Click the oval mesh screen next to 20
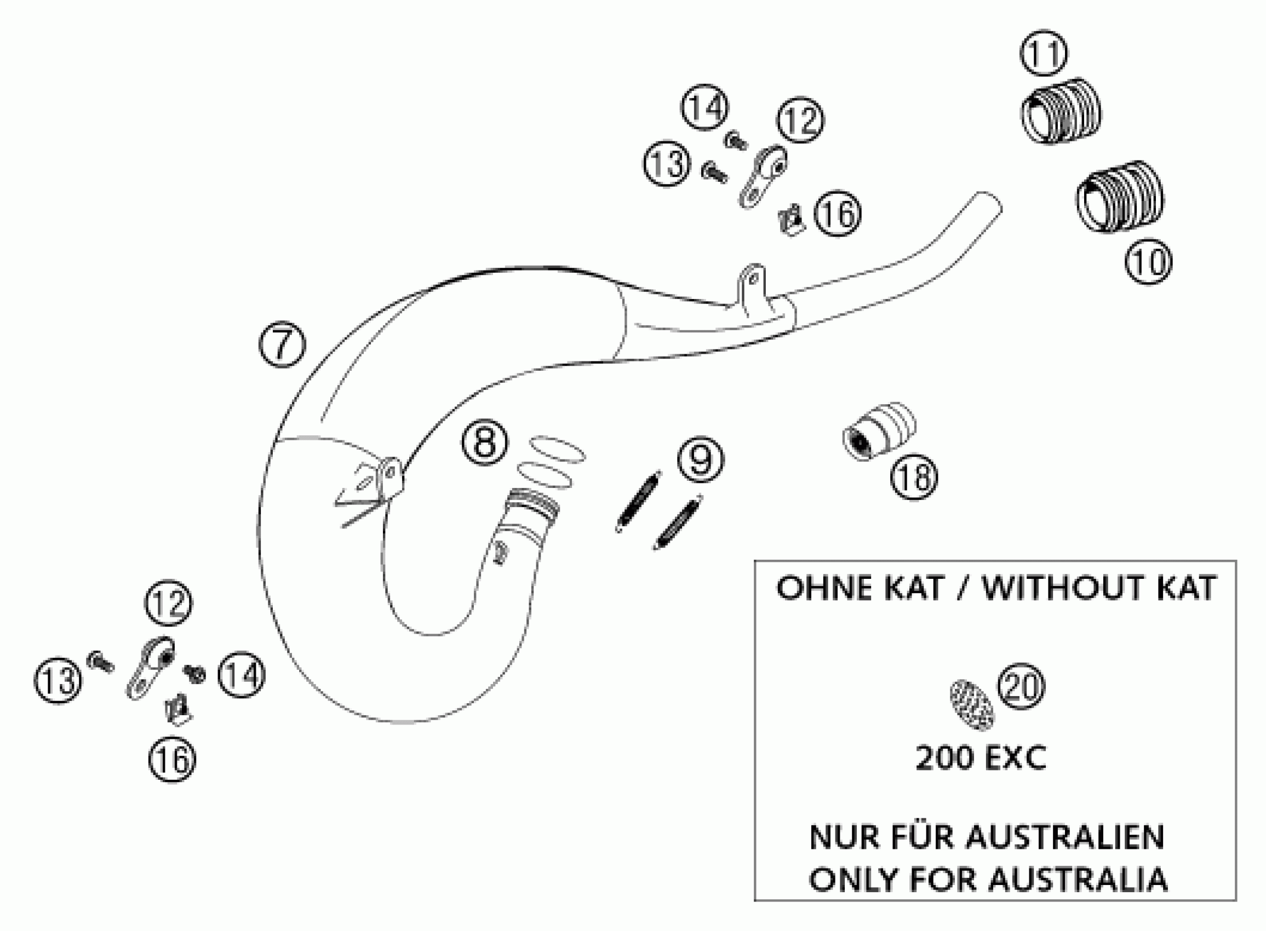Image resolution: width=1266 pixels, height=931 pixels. [x=972, y=706]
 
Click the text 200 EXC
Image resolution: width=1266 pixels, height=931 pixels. [x=980, y=759]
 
